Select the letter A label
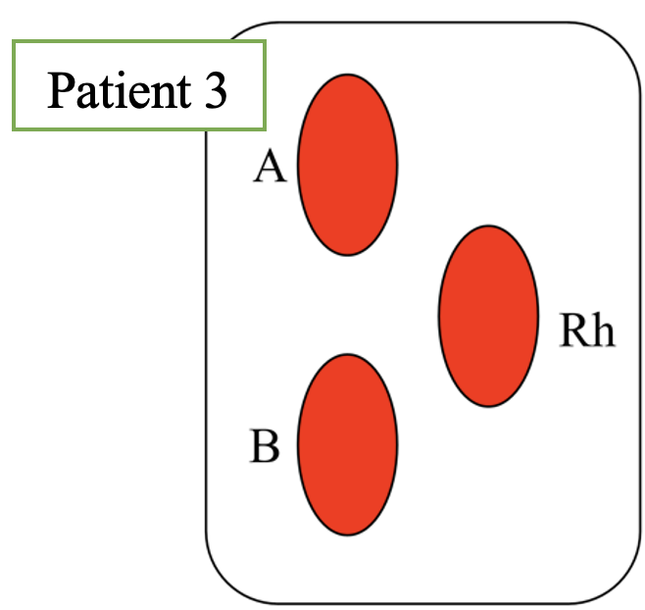(270, 168)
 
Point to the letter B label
(265, 446)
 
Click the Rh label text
(586, 330)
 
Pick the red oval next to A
(347, 164)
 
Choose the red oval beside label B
(347, 444)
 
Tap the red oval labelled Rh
(488, 316)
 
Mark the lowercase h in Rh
(602, 330)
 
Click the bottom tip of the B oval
(347, 534)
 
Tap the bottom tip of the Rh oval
(488, 405)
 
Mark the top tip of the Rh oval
(488, 227)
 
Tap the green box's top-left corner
(14, 41)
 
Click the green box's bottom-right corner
(266, 129)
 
